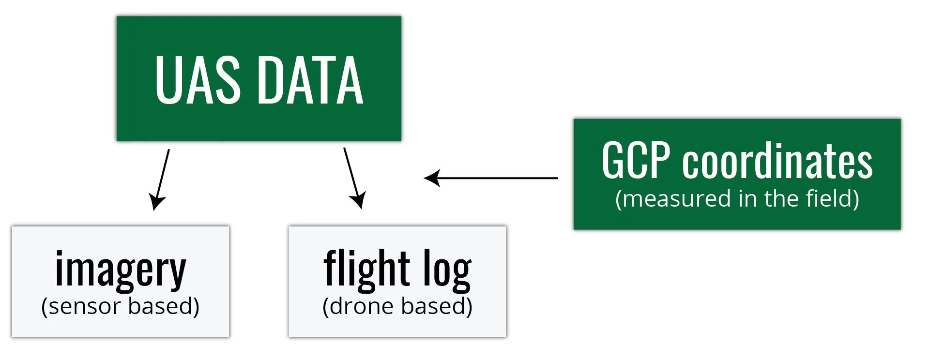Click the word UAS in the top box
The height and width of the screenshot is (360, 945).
click(198, 80)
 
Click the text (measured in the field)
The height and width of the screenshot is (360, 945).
click(737, 199)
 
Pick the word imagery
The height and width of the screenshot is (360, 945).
click(121, 270)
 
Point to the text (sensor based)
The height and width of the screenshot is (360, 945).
click(121, 306)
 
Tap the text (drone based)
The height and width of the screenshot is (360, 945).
click(397, 306)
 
